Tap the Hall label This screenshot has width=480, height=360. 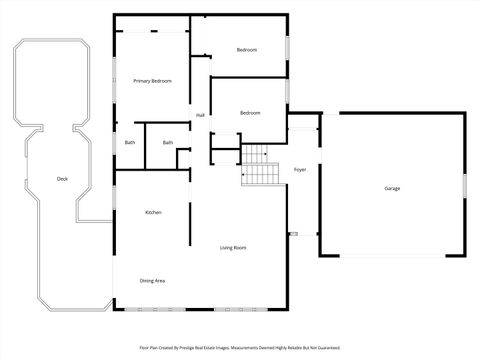(200, 116)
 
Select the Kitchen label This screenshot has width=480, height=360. (153, 212)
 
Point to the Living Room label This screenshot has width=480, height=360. (233, 247)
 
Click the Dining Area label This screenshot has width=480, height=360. (152, 281)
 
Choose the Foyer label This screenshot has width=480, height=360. (299, 170)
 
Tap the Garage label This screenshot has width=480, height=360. (393, 188)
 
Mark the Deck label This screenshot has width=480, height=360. (62, 179)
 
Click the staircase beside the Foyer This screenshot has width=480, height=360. (259, 166)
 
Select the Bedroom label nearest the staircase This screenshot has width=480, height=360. (250, 113)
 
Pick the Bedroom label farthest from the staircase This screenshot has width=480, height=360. (246, 50)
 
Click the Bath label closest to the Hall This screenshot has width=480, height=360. (168, 142)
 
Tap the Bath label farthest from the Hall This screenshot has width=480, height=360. (130, 142)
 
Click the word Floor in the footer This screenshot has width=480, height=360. (144, 348)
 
